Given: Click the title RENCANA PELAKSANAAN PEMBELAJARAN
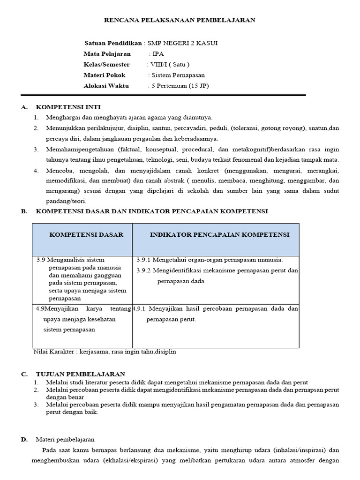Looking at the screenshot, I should pyautogui.click(x=179, y=20).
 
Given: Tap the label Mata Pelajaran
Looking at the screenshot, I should pyautogui.click(x=107, y=54).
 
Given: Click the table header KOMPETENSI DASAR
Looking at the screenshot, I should pyautogui.click(x=86, y=235).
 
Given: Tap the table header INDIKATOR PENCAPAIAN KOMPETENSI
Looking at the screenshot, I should pyautogui.click(x=219, y=235).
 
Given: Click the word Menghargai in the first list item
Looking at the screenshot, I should pyautogui.click(x=63, y=117).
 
